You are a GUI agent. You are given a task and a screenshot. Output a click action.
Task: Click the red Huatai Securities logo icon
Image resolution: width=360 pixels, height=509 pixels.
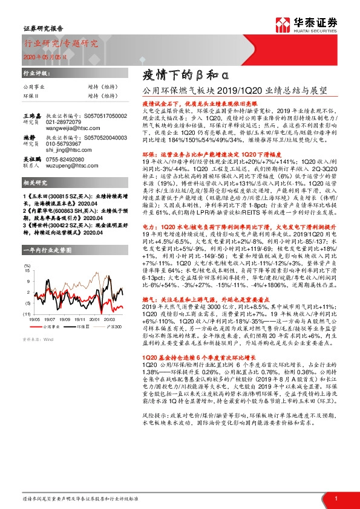(282, 24)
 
